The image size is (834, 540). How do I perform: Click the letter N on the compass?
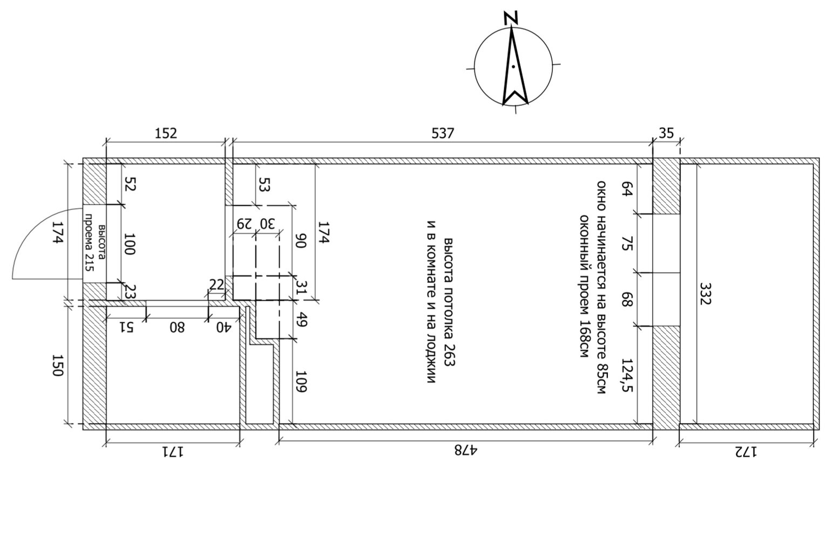(511, 17)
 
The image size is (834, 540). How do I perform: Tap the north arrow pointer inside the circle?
(514, 67)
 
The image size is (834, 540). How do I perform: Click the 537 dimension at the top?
(443, 132)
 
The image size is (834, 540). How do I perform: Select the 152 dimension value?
(166, 132)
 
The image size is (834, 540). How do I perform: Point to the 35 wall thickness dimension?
(667, 132)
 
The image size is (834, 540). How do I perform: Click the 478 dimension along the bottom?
(465, 450)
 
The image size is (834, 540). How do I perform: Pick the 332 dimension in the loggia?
(705, 293)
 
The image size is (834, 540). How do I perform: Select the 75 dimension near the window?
(627, 242)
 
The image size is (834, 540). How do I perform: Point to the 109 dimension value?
(301, 381)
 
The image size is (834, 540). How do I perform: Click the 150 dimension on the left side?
(58, 366)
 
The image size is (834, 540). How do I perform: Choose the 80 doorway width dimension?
(177, 327)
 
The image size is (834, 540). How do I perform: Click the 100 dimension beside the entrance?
(130, 244)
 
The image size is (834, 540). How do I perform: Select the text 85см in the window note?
(601, 378)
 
